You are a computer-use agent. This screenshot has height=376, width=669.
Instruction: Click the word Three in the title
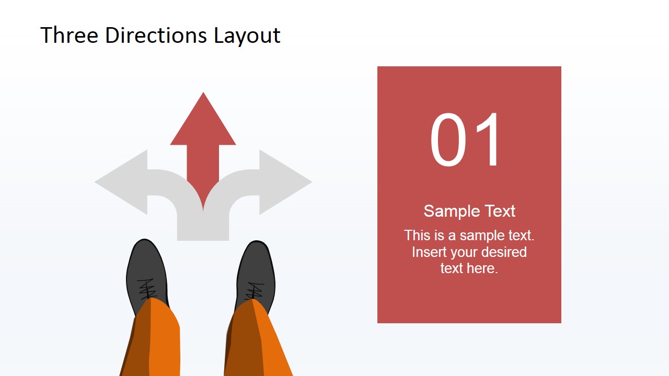(70, 36)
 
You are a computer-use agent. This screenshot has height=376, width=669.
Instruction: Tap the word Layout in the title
(247, 36)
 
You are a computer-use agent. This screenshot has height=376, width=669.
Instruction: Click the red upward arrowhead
(203, 123)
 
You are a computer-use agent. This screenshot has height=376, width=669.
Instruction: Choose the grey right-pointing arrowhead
(285, 182)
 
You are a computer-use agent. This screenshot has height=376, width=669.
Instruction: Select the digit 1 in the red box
(489, 140)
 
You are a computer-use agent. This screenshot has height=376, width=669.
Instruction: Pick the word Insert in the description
(430, 252)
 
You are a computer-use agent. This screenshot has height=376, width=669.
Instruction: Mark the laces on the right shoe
(255, 290)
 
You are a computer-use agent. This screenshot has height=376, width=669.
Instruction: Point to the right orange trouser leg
(256, 339)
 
